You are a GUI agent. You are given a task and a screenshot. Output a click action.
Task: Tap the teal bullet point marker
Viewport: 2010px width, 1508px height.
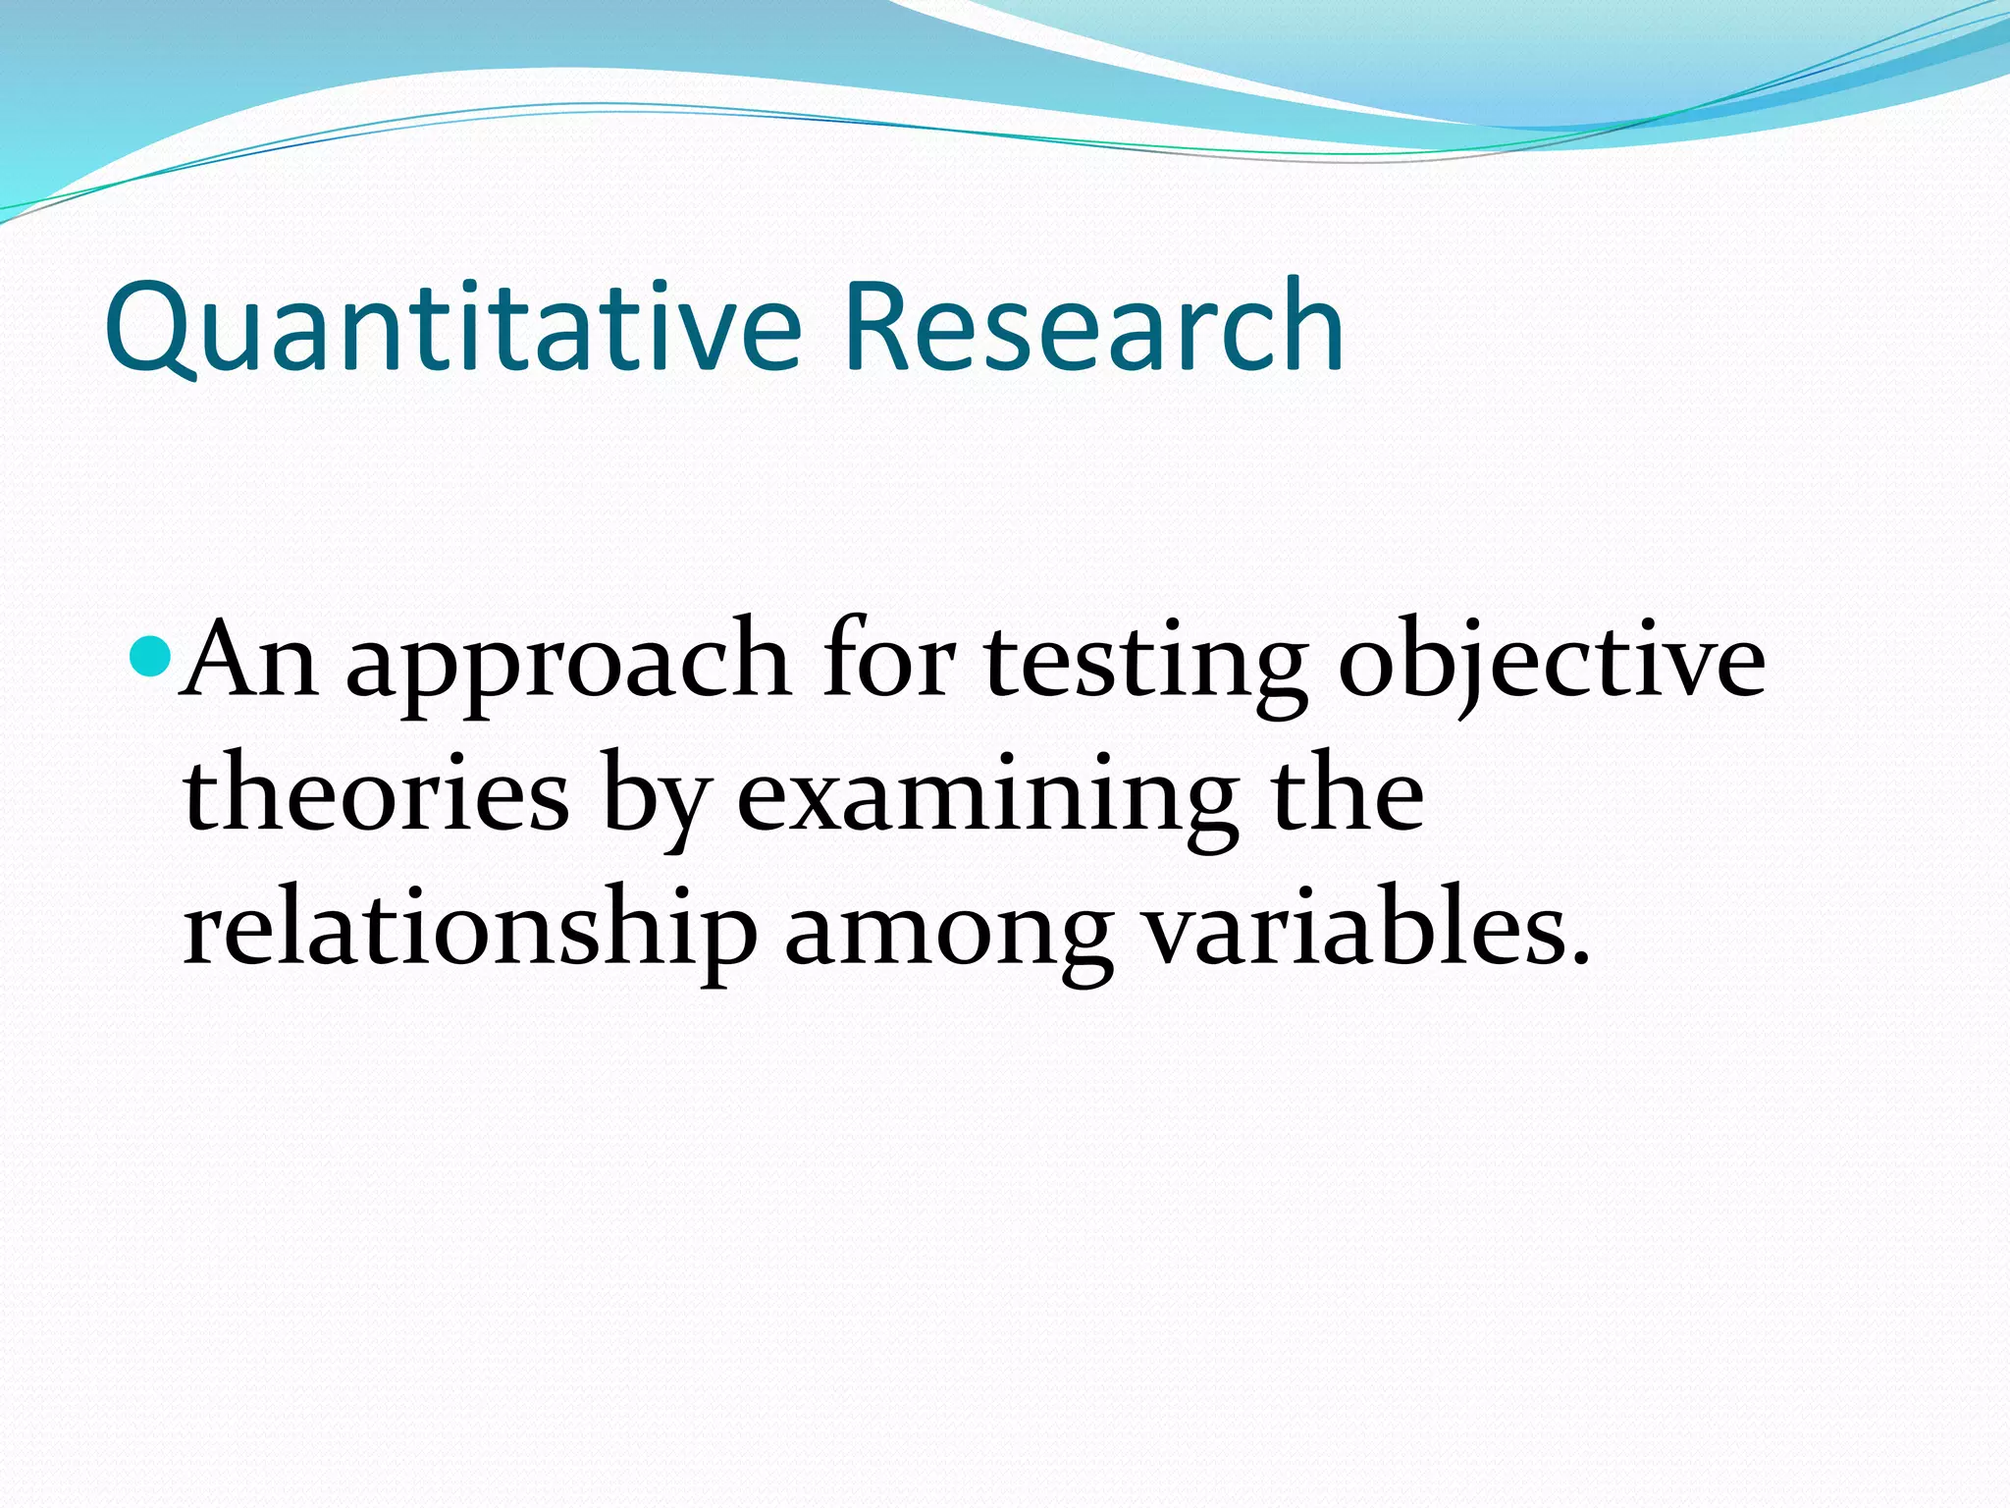[151, 656]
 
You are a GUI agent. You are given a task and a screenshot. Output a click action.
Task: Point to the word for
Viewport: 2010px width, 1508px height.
[888, 656]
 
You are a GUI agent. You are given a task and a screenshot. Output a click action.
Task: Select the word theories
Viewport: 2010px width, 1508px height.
[376, 795]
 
